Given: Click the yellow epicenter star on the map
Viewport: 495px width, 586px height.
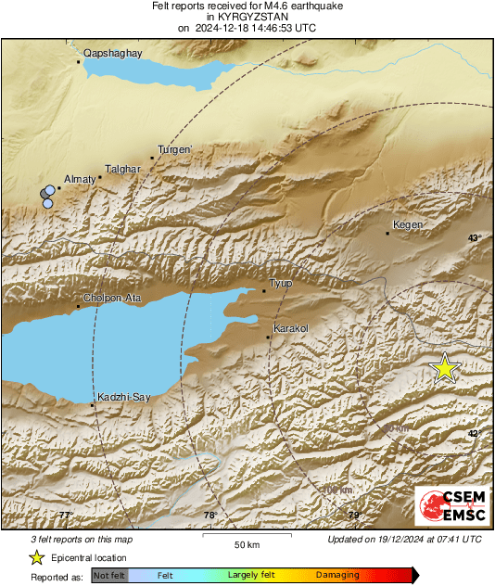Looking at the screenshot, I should point(446,368).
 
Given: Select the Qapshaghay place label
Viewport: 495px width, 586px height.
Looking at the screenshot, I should point(112,54).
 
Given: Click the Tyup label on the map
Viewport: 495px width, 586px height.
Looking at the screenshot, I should point(280,283).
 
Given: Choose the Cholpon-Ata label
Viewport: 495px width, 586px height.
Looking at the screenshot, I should point(111,298).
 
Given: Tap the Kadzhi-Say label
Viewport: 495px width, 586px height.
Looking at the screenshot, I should point(123,397).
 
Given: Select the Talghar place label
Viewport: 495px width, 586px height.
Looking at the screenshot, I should point(122,169).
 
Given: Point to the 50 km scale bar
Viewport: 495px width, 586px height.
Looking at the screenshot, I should point(246,537).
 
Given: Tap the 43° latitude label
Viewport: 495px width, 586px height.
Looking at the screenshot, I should point(475,238).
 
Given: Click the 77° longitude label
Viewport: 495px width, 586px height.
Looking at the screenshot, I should point(65,515).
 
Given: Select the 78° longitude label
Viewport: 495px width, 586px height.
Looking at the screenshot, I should point(209,515).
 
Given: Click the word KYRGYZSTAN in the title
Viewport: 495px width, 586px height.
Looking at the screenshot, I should point(247,17).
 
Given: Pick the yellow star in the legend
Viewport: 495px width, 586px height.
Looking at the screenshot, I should point(36,557).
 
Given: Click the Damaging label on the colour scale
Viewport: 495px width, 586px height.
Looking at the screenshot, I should point(338,575).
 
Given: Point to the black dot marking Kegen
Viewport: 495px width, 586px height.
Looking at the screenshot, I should point(387,233).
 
